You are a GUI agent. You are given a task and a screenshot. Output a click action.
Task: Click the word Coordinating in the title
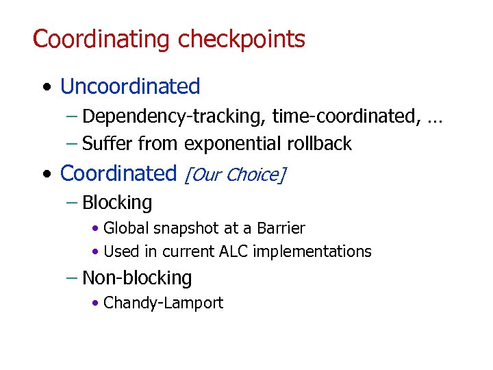(x=103, y=39)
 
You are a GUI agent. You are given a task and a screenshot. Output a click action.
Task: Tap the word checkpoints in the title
(x=242, y=39)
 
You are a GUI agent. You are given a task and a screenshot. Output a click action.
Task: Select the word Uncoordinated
(x=130, y=87)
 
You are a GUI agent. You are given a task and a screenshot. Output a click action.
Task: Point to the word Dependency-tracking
(x=174, y=117)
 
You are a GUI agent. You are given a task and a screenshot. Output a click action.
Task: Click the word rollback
(x=322, y=144)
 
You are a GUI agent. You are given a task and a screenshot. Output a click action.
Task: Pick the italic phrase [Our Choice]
(x=234, y=175)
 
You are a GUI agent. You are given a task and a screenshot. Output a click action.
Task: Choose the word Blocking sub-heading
(x=117, y=203)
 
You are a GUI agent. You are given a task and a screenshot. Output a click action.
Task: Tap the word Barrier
(x=280, y=228)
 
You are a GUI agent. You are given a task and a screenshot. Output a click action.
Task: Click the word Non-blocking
(x=137, y=278)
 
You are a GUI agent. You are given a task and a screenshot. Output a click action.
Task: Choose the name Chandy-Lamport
(x=163, y=303)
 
